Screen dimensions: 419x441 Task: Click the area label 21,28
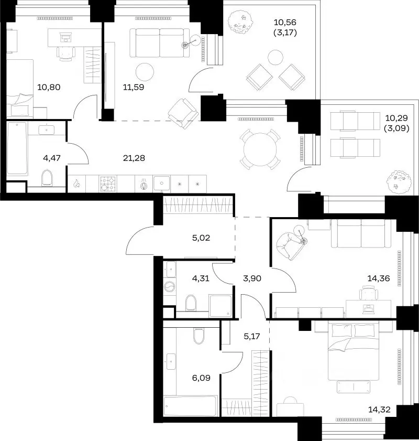coord(134,158)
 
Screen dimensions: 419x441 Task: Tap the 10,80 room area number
coord(49,87)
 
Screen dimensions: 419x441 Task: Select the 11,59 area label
coord(134,87)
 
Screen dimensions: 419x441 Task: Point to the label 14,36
coord(379,278)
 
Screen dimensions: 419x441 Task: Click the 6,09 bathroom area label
coord(201,378)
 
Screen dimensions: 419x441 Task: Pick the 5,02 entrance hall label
coord(201,238)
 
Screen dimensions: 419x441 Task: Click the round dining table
coord(260,149)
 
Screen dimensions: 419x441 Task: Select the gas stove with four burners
coord(108,184)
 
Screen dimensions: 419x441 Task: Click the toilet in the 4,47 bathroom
coord(47,178)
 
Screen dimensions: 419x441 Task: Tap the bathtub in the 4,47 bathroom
coord(17,148)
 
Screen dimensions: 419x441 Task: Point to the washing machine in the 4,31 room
coord(169,287)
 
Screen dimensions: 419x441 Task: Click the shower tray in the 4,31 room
coord(220,306)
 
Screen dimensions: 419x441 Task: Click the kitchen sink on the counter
coord(162,184)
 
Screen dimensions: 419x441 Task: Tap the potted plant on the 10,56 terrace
coord(240,22)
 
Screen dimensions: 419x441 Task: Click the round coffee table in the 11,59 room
coord(145,72)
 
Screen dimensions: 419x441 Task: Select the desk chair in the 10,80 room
coord(66,53)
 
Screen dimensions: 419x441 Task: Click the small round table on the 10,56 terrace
coord(275,57)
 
